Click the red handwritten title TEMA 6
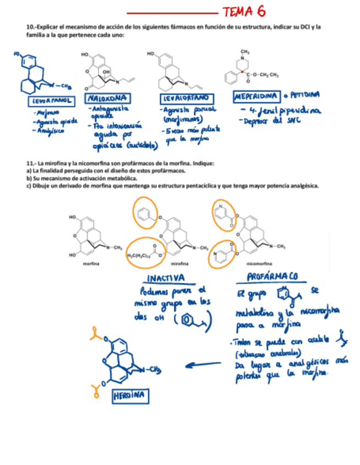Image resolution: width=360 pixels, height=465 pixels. pos(243,12)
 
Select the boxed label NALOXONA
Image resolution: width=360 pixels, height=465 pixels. pos(108,98)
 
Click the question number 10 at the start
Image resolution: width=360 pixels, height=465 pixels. pos(31,27)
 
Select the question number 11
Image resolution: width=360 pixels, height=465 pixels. pos(31,163)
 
